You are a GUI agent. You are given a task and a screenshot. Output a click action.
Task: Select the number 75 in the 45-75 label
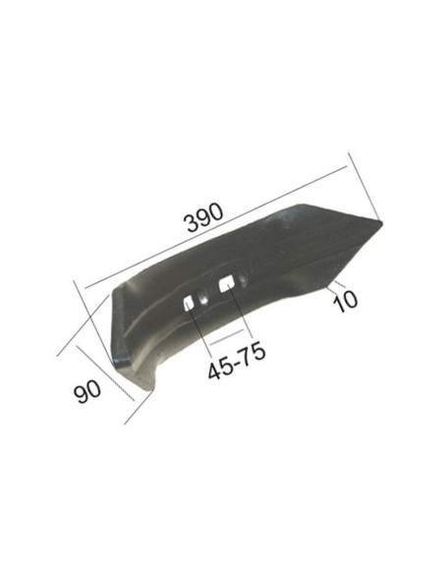click(x=252, y=370)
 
